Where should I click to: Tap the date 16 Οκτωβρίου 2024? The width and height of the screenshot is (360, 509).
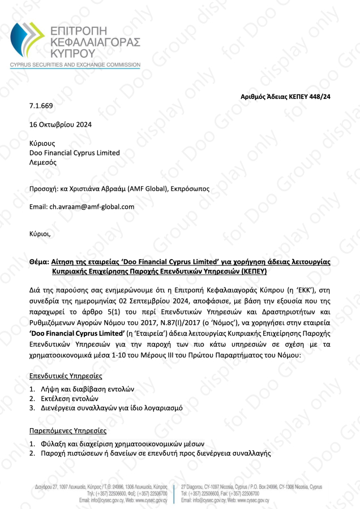(60, 124)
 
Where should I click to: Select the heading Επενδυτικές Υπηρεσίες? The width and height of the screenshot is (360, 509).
(66, 376)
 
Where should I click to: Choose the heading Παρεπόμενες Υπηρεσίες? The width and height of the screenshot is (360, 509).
(67, 430)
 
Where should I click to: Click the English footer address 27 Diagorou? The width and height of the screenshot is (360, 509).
(198, 486)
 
